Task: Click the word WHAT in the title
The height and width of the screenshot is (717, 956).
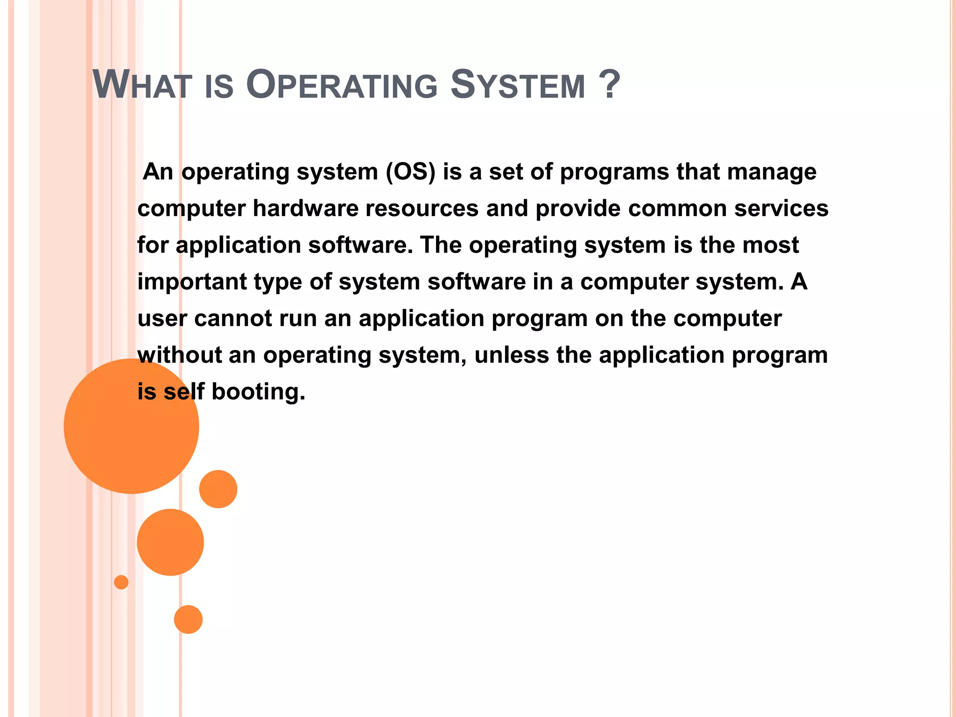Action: (x=142, y=85)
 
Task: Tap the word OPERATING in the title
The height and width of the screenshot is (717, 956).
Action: (x=342, y=85)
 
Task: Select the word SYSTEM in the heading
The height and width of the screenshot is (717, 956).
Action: (x=518, y=85)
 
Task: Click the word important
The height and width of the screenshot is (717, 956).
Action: (x=192, y=282)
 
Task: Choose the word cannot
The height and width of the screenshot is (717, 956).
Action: (x=233, y=318)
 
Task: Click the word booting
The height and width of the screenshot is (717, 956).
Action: (x=258, y=391)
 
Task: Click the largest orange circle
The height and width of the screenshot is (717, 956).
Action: (x=131, y=426)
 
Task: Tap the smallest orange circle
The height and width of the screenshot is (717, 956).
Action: (x=121, y=582)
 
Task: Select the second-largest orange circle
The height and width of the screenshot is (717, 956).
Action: (x=170, y=542)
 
